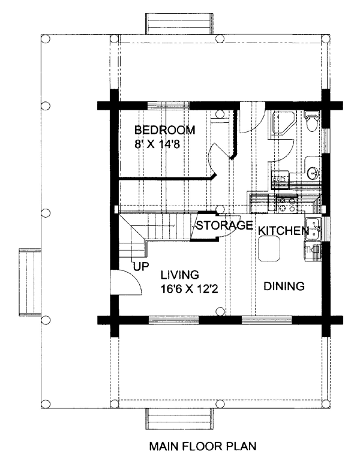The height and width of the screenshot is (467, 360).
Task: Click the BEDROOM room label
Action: coord(165,130)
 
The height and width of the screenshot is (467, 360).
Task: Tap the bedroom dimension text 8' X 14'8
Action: coord(157,144)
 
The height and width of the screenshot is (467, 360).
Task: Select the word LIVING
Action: coord(180,275)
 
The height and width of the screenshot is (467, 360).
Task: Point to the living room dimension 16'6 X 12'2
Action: coord(189,288)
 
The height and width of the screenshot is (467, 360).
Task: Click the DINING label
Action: coord(284,286)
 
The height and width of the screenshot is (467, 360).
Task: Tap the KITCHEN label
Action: coord(283,231)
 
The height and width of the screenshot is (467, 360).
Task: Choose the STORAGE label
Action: coord(225,225)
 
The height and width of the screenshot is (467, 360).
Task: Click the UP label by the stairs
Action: coord(141,266)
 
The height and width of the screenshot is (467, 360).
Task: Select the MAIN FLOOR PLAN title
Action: coord(203,446)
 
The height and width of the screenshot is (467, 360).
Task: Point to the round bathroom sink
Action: coord(313,173)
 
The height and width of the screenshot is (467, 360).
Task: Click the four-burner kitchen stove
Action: coord(287,204)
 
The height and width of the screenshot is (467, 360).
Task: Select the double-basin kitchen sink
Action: coord(313,228)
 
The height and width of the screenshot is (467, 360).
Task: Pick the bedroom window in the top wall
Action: coord(169,106)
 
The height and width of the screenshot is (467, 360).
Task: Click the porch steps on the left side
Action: coord(29,281)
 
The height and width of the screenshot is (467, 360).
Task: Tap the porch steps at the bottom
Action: coord(179,419)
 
